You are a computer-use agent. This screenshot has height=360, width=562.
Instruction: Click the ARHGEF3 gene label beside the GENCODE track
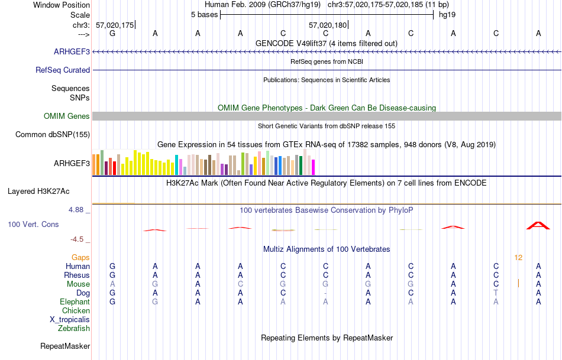pos(72,52)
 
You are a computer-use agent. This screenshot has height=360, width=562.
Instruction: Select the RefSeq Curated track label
pos(63,70)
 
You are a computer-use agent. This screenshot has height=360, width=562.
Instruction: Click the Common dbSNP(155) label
pos(53,134)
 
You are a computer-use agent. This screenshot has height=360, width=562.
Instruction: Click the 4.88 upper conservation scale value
pos(77,210)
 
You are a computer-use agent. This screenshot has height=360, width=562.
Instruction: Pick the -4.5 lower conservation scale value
pos(78,239)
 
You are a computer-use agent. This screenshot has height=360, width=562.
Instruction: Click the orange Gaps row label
pos(80,257)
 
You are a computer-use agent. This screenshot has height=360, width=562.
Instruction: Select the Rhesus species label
pos(77,275)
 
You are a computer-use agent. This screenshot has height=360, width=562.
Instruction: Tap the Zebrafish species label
pos(74,328)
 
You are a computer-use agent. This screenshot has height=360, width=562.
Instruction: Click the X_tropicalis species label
pos(70,319)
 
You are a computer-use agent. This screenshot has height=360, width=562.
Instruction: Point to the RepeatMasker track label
pos(65,346)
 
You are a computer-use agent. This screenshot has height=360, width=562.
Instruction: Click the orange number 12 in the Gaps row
pos(518,257)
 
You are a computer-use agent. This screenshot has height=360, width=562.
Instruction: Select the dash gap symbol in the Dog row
pos(325,293)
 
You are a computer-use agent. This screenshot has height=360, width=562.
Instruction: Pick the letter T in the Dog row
pos(496,293)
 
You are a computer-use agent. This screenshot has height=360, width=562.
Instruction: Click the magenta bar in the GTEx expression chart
pos(313,167)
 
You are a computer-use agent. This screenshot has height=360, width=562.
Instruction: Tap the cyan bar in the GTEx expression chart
pos(177,164)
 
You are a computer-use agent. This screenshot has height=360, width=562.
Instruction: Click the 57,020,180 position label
pos(328,25)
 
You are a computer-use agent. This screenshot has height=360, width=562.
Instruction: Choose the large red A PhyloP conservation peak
pos(538,225)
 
